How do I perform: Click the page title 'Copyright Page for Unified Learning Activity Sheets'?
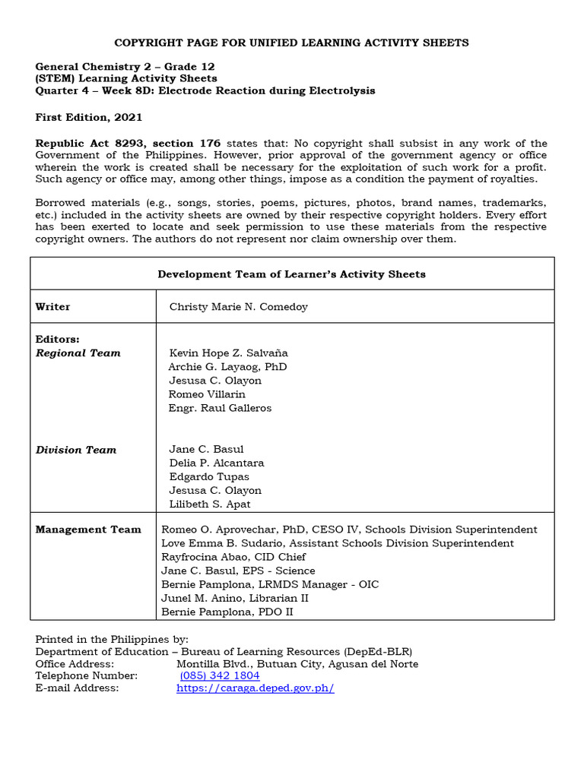pyautogui.click(x=291, y=43)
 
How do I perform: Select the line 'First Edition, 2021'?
pyautogui.click(x=88, y=117)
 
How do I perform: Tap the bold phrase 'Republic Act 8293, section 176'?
pyautogui.click(x=128, y=143)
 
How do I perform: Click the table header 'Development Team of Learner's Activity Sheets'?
pyautogui.click(x=291, y=274)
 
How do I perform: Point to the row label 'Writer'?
pyautogui.click(x=52, y=307)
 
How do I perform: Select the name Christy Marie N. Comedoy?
pyautogui.click(x=238, y=307)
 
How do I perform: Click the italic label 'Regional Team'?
pyautogui.click(x=78, y=353)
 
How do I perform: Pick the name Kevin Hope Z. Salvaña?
pyautogui.click(x=228, y=353)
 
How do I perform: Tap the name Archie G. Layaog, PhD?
pyautogui.click(x=227, y=367)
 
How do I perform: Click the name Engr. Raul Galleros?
pyautogui.click(x=220, y=408)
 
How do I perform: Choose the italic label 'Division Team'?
pyautogui.click(x=76, y=450)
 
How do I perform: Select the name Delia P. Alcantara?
pyautogui.click(x=216, y=463)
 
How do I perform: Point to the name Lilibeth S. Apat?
pyautogui.click(x=209, y=504)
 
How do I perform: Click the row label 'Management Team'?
pyautogui.click(x=88, y=530)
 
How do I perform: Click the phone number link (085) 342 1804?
pyautogui.click(x=220, y=675)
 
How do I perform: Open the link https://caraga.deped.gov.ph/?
pyautogui.click(x=255, y=688)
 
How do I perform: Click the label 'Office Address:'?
pyautogui.click(x=75, y=663)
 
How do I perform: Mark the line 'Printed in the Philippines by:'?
pyautogui.click(x=112, y=639)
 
